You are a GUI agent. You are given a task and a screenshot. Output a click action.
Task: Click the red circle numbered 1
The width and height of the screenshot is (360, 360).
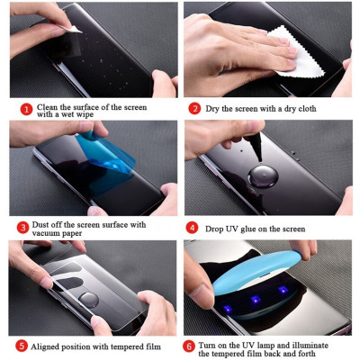[26, 108]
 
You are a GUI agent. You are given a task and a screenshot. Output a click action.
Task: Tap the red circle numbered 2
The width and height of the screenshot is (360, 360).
[194, 108]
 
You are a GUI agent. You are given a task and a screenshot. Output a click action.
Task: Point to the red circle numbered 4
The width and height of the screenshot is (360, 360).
[193, 227]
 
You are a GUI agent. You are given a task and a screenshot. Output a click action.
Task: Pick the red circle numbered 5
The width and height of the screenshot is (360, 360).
[22, 345]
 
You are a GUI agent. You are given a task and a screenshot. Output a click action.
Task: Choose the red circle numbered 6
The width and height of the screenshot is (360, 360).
[189, 345]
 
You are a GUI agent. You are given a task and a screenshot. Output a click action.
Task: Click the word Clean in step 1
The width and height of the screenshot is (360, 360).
[48, 104]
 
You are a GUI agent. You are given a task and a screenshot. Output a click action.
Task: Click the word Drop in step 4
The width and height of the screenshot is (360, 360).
[215, 227]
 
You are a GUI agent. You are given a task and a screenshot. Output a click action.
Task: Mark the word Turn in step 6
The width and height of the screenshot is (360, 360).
[210, 341]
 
